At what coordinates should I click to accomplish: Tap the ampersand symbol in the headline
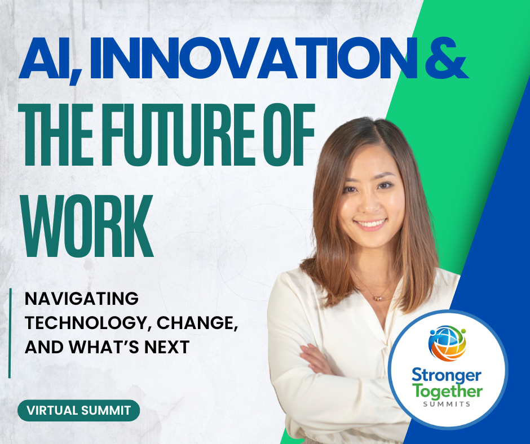click(446, 58)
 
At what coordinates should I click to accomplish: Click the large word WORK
click(87, 226)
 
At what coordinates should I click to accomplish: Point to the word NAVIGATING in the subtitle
click(82, 299)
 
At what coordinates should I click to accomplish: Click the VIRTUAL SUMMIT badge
click(78, 411)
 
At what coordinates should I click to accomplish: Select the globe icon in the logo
click(447, 343)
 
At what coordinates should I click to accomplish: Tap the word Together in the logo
click(447, 392)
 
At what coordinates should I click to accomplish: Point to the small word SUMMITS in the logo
click(447, 404)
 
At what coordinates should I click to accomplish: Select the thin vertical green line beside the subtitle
click(10, 333)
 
